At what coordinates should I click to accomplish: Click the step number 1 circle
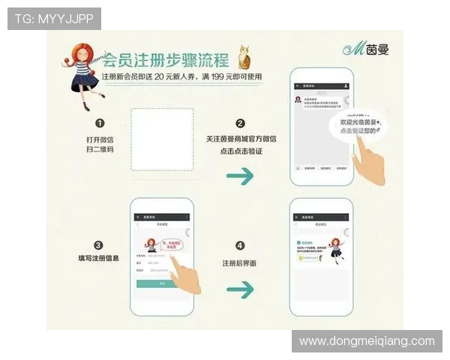click(x=100, y=124)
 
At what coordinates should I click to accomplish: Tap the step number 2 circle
click(x=240, y=124)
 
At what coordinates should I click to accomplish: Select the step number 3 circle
click(x=99, y=245)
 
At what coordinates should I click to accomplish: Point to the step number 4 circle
click(x=240, y=245)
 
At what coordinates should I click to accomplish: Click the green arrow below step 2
click(x=240, y=177)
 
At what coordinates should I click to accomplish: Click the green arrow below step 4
click(x=240, y=287)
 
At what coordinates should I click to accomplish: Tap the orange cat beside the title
click(x=244, y=58)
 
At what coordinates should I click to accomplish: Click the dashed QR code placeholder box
click(x=162, y=140)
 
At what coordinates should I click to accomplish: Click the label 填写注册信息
click(x=99, y=259)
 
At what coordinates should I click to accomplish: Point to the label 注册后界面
click(x=240, y=264)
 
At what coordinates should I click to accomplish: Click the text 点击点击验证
click(x=240, y=151)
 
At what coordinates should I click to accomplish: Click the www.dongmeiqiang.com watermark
click(x=367, y=341)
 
